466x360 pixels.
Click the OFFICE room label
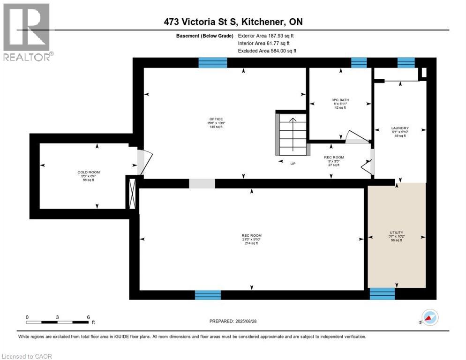coord(216,119)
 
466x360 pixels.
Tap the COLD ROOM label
coord(89,172)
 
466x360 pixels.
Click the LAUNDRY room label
coord(400,128)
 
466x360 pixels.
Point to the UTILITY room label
coord(397,232)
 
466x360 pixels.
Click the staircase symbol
coord(293,134)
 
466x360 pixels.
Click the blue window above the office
coord(212,63)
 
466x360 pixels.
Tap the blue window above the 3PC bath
coord(359,63)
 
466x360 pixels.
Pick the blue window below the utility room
coord(382,294)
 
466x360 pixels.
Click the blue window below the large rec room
coord(208,295)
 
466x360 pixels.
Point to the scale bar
coord(57,322)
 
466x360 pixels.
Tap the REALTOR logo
coord(27,32)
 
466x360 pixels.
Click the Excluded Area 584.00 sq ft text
coord(267,51)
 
